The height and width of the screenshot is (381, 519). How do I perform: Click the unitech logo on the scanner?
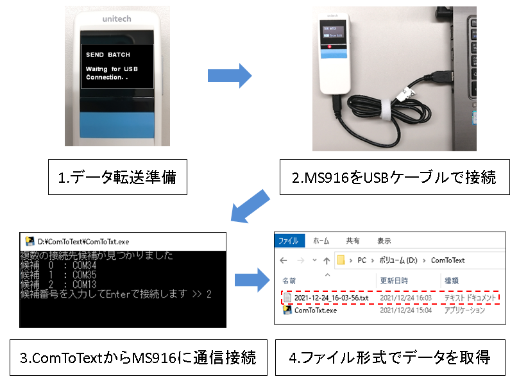point(116,19)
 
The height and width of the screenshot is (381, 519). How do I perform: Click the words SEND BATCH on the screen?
point(108,55)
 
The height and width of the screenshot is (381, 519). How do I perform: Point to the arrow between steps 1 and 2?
point(229,76)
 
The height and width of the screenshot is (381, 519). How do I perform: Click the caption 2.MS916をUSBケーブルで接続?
point(393,177)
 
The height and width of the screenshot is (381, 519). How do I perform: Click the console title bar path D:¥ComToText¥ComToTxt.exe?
point(84,242)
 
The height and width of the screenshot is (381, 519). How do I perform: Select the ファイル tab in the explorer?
point(288,241)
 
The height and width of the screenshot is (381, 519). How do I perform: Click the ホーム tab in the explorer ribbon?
point(321,241)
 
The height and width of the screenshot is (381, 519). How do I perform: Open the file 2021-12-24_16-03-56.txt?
point(332,298)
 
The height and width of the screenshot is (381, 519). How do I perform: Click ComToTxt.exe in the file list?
point(315,310)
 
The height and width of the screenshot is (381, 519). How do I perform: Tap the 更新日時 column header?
point(393,281)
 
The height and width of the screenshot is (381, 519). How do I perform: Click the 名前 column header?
point(289,281)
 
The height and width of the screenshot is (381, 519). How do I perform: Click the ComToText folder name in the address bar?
point(448,260)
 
